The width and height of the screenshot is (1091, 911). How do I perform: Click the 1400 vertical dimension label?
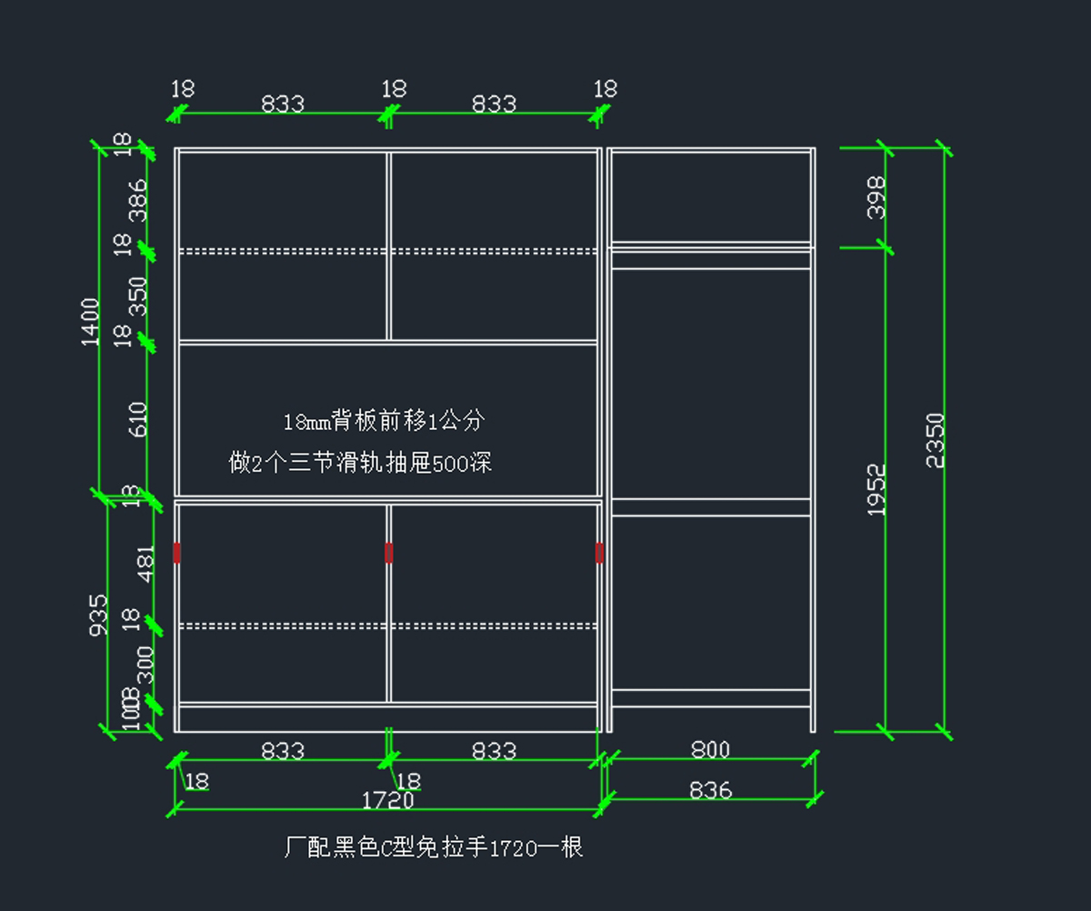91,321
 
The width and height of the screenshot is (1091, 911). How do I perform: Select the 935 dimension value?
99,615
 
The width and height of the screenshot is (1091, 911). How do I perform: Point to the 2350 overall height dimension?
936,440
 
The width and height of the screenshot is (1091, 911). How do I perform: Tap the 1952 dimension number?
876,490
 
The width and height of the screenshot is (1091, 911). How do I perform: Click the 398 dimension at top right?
876,197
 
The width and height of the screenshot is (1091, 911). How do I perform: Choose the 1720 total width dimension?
388,801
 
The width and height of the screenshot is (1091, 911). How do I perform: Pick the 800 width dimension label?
710,750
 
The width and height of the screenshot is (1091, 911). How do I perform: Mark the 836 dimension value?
710,791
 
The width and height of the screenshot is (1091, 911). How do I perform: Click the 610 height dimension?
138,419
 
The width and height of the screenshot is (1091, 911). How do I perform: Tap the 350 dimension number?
138,296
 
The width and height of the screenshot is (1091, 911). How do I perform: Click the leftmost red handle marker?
176,552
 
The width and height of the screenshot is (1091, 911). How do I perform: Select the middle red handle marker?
389,552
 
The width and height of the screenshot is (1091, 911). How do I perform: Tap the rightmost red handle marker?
599,552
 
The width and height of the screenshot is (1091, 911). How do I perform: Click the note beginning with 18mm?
384,422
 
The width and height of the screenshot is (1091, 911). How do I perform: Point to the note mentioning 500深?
360,464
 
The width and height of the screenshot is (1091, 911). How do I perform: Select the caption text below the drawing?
433,848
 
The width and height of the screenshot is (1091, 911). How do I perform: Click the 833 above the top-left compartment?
283,104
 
